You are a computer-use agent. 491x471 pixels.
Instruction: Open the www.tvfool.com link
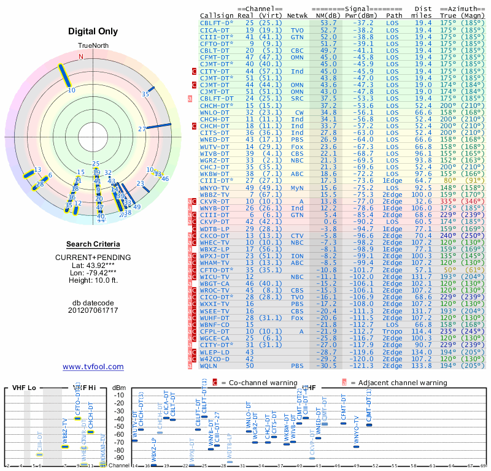pyautogui.click(x=93, y=367)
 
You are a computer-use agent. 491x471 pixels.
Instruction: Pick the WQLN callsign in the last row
pyautogui.click(x=209, y=366)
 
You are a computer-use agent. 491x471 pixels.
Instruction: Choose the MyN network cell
pyautogui.click(x=297, y=187)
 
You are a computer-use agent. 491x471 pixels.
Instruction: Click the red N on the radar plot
pyautogui.click(x=80, y=56)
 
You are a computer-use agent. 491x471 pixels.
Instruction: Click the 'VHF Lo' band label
pyautogui.click(x=24, y=388)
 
